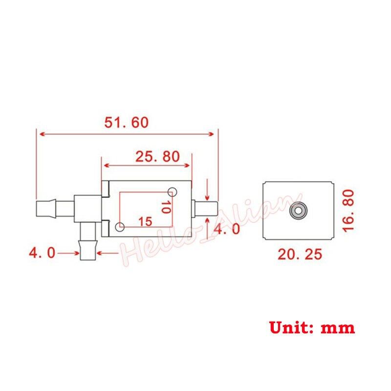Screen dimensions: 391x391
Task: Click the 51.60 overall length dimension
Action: tap(126, 122)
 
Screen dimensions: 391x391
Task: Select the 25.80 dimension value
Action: tap(157, 157)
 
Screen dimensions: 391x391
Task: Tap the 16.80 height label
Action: tap(348, 211)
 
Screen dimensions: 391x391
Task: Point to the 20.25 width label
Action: tap(300, 255)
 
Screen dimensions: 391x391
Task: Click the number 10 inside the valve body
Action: tap(166, 207)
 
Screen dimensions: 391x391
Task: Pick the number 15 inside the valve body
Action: tap(145, 221)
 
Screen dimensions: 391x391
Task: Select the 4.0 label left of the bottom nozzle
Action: tap(42, 253)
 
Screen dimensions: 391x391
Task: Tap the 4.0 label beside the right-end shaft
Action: tap(228, 229)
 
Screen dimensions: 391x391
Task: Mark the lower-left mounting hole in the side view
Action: tap(120, 227)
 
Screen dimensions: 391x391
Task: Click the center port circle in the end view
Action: tap(298, 211)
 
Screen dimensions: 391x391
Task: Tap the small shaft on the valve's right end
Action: tap(205, 209)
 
